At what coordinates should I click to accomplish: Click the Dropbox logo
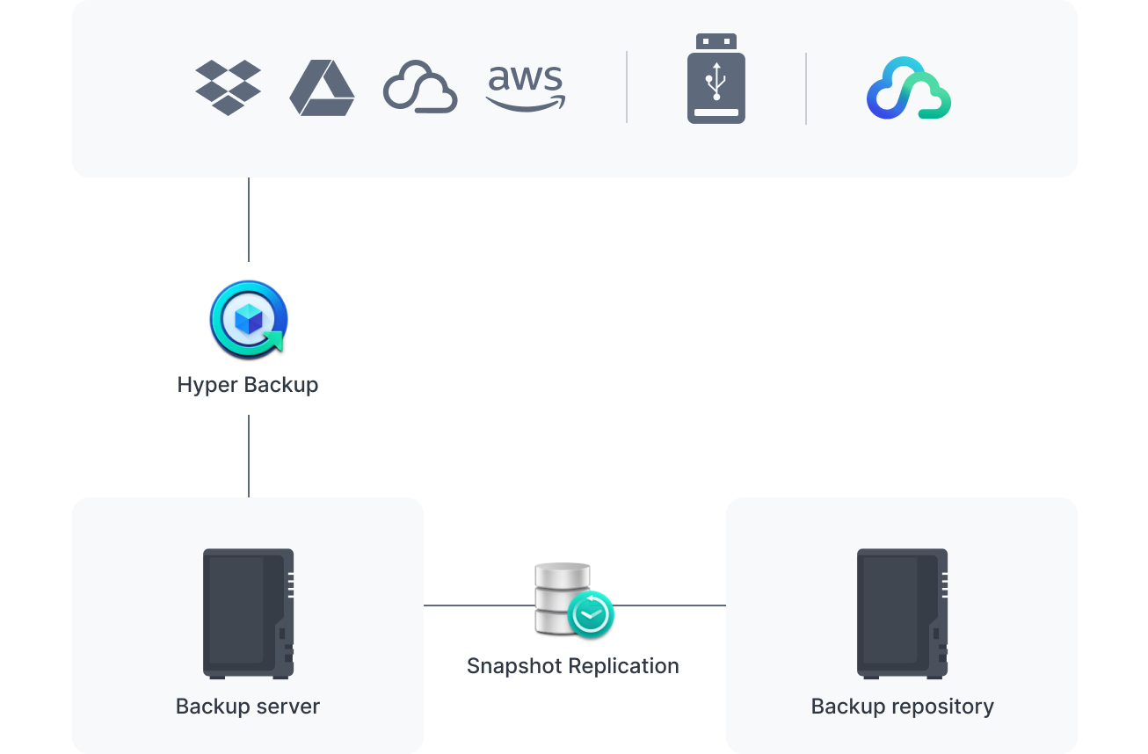coord(228,87)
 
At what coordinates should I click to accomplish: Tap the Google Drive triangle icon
coord(322,88)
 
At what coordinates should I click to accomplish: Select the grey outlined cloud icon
coord(420,87)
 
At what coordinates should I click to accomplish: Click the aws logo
coord(526,88)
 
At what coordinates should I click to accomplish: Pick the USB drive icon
coord(716,78)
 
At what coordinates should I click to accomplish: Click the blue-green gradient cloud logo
coord(909,88)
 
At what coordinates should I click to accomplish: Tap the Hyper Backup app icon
coord(249,318)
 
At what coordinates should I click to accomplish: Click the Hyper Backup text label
coord(248,385)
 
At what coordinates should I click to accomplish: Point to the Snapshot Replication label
coord(573,666)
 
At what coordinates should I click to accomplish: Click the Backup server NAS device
coord(248,613)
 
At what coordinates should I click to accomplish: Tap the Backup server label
coord(248,707)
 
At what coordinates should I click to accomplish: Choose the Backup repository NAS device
coord(902,613)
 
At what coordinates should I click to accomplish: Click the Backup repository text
coord(903,707)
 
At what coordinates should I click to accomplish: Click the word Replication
coord(626,666)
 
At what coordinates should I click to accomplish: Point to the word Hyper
coord(205,385)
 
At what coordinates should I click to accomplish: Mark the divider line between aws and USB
coord(627,87)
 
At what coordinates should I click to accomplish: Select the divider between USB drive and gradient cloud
coord(806,88)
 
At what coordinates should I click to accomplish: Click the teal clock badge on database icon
coord(591,613)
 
